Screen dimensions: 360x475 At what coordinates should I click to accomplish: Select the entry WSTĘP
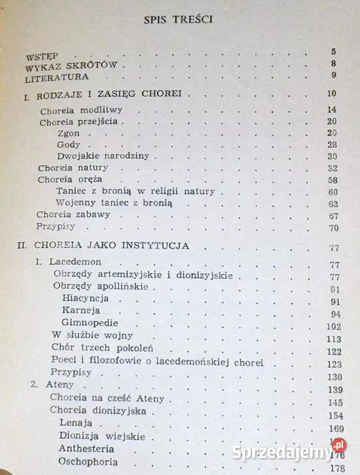click(x=42, y=54)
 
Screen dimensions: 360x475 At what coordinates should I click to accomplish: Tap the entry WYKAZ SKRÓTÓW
click(x=71, y=66)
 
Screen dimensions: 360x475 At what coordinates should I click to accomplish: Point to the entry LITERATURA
click(x=58, y=77)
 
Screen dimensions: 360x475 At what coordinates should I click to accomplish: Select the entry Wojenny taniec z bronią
click(x=115, y=203)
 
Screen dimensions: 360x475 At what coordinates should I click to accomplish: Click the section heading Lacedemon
click(x=74, y=263)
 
